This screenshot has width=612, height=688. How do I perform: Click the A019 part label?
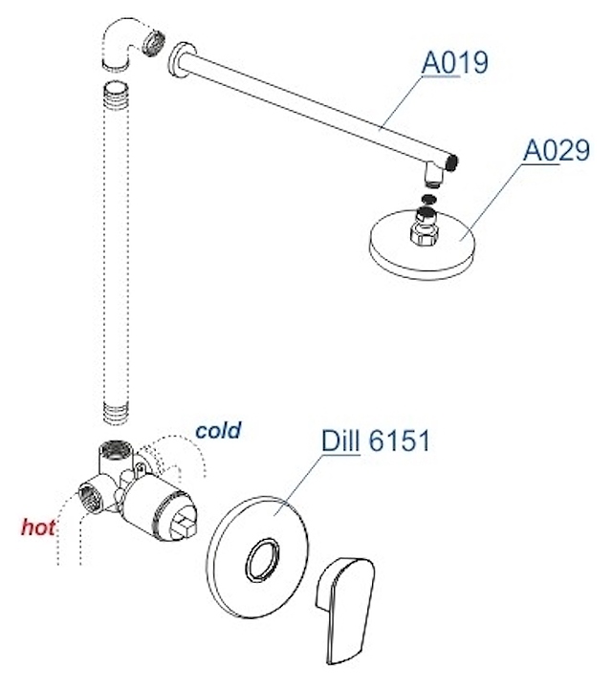(454, 63)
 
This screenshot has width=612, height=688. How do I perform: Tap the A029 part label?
(557, 151)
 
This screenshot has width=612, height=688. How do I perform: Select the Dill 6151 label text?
(376, 441)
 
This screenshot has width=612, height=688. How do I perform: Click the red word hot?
(38, 527)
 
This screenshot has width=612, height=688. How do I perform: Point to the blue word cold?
(218, 430)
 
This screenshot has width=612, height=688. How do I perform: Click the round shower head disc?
(422, 245)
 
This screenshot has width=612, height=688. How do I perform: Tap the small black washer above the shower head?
(428, 199)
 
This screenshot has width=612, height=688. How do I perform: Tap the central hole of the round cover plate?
(262, 560)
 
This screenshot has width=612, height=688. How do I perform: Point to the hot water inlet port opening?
(90, 498)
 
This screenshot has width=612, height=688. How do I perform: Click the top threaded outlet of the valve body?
(115, 450)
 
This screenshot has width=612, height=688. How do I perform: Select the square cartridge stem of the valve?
(183, 527)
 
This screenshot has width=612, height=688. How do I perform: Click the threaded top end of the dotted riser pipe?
(117, 97)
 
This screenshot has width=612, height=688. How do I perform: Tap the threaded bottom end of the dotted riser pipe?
(117, 413)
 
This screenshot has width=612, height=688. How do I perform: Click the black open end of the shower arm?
(452, 162)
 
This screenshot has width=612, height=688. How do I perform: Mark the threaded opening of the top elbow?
(155, 43)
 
